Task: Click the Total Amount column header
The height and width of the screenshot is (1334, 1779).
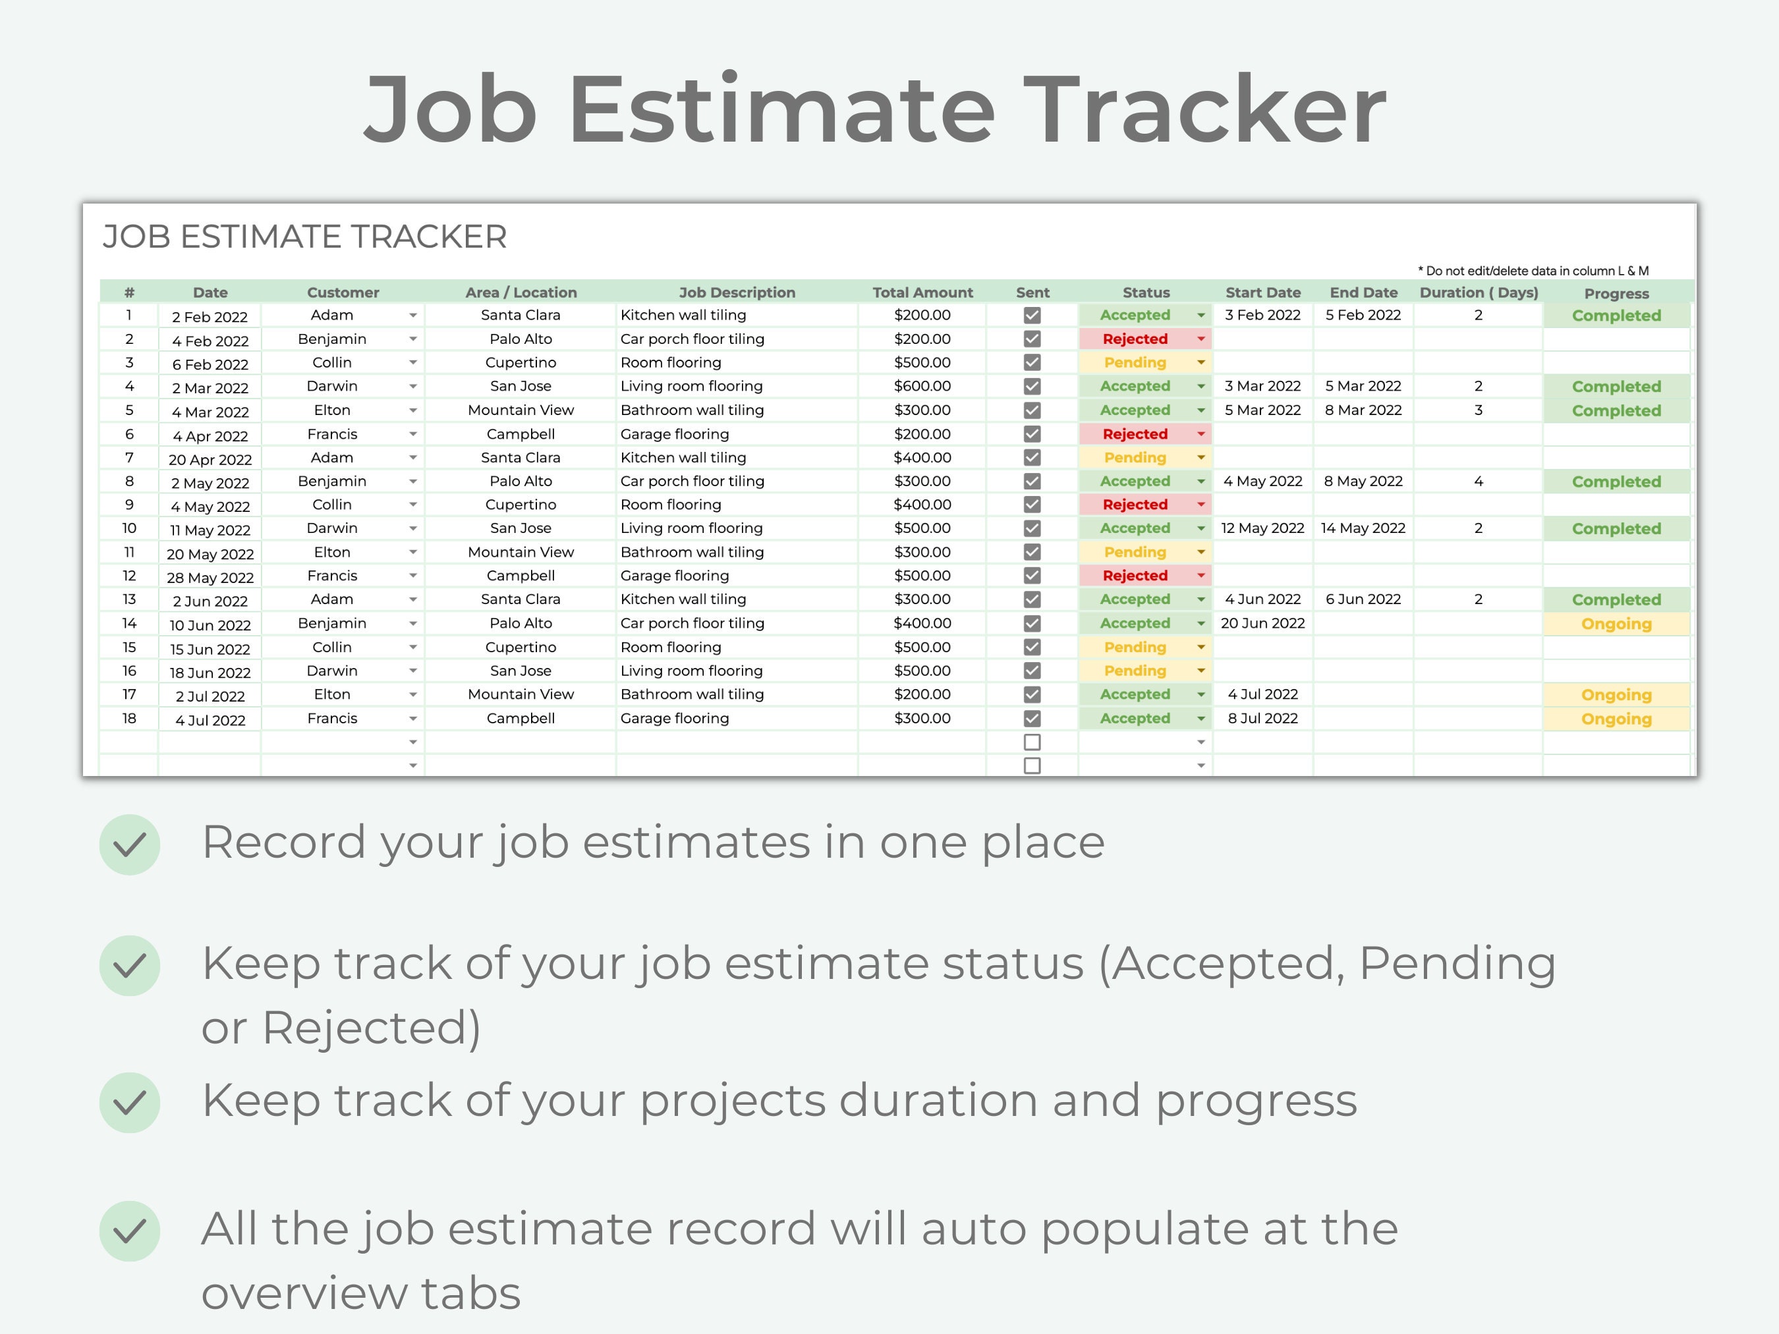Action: (x=922, y=292)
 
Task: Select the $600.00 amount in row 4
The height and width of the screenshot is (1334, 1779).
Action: (x=922, y=386)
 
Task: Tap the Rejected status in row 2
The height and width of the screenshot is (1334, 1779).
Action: (x=1134, y=339)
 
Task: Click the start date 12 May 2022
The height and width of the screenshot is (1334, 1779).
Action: (x=1262, y=528)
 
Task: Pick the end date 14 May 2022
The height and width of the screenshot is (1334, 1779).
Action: (x=1363, y=528)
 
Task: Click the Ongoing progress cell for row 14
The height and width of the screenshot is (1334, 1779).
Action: (x=1615, y=624)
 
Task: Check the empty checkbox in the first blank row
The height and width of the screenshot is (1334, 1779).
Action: (x=1032, y=742)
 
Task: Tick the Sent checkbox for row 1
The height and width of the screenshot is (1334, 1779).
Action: (x=1032, y=315)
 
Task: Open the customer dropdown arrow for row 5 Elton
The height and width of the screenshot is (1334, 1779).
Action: (x=412, y=411)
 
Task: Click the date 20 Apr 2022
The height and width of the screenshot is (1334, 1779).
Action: (x=210, y=460)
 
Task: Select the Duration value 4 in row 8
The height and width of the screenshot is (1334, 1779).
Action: (x=1477, y=482)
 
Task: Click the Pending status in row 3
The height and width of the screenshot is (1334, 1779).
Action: (x=1134, y=362)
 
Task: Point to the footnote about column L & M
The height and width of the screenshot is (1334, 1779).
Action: (x=1532, y=271)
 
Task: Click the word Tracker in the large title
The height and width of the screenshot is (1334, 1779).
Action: (x=1204, y=109)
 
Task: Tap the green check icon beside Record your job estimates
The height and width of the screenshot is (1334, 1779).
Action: (x=130, y=845)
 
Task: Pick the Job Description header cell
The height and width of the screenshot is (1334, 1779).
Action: (x=737, y=292)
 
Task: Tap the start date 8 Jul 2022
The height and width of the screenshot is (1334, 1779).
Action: (x=1262, y=718)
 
